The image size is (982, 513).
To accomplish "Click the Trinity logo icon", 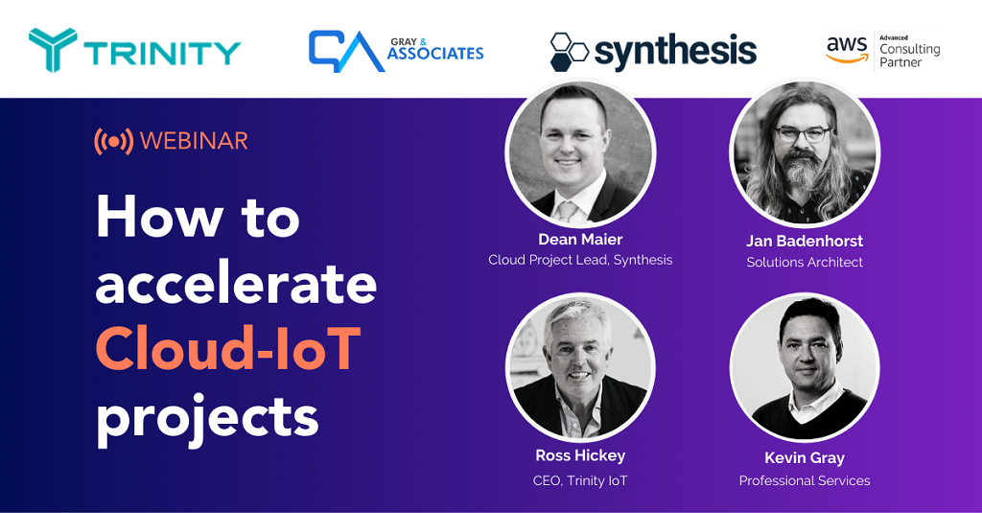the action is click(x=53, y=50).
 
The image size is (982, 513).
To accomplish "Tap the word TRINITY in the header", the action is click(x=162, y=54).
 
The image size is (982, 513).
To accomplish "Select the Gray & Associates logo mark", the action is click(x=345, y=51).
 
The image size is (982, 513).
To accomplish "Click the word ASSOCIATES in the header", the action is click(x=435, y=54).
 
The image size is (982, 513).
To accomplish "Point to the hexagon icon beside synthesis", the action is click(x=568, y=52).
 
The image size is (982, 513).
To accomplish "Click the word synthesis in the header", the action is click(x=675, y=52).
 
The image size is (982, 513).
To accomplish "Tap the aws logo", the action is click(x=847, y=50).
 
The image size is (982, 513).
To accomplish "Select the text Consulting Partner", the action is click(x=909, y=55).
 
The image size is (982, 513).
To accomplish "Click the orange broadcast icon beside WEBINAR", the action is click(x=113, y=142).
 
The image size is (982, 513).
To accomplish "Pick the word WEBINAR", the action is click(x=194, y=141).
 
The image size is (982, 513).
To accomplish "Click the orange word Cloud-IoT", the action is click(x=228, y=348).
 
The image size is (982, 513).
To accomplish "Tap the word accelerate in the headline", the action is click(x=236, y=284).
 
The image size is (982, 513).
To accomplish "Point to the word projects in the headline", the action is click(x=207, y=417).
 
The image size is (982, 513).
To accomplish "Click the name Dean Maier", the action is click(x=580, y=240).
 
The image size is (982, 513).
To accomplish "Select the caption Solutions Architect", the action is click(x=805, y=263).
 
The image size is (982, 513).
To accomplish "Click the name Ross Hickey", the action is click(x=580, y=455).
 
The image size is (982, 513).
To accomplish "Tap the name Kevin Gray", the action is click(x=805, y=458).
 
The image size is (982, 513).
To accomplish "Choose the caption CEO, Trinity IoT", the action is click(x=580, y=481).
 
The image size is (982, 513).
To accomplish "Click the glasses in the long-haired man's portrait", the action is click(x=804, y=134).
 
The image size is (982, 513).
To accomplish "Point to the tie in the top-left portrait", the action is click(x=568, y=212).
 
